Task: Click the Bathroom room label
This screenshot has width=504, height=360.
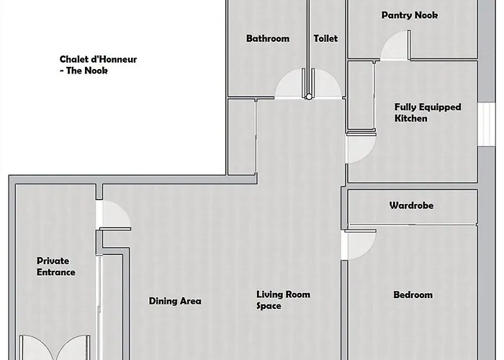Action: (x=268, y=39)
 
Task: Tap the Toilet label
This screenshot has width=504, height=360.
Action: (x=325, y=39)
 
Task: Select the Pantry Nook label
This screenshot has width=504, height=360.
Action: (x=410, y=15)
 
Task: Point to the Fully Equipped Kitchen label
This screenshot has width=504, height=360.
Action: (x=428, y=112)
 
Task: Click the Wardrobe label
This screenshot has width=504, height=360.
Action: (x=411, y=205)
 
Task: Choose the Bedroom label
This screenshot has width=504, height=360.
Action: (x=413, y=294)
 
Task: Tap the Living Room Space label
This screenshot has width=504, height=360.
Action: (x=283, y=300)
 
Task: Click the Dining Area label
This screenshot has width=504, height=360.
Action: (x=175, y=301)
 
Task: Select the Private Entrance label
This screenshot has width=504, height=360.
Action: (x=56, y=266)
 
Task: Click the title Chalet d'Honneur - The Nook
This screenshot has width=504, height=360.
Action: (x=98, y=65)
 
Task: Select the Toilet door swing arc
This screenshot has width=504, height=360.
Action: (x=327, y=84)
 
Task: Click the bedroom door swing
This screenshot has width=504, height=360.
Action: (x=360, y=244)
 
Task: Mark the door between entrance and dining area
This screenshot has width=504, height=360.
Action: (x=114, y=215)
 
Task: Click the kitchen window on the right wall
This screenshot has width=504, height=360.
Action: (x=486, y=124)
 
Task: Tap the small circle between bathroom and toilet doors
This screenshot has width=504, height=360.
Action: (x=309, y=96)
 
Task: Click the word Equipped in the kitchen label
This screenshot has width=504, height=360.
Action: (x=442, y=107)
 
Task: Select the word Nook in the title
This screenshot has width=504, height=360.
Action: (x=96, y=71)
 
